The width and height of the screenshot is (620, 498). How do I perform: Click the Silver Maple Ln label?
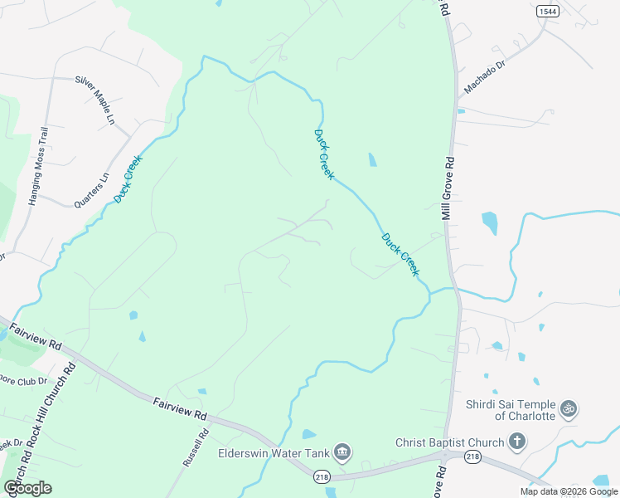[94, 100]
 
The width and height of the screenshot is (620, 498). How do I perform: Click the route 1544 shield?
[546, 11]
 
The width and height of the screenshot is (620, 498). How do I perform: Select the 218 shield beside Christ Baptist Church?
[472, 456]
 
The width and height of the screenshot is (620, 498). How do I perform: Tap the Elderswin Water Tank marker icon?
[343, 452]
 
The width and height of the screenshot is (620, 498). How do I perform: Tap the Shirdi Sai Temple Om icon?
[569, 408]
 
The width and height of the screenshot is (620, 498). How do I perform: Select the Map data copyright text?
[569, 491]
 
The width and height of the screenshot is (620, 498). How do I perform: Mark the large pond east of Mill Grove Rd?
[490, 222]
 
